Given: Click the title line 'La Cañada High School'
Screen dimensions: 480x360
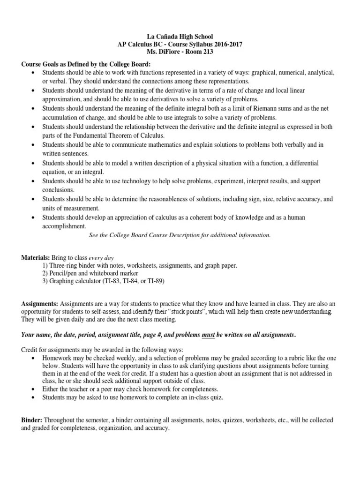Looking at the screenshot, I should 180,36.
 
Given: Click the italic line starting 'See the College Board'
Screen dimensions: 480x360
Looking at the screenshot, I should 180,235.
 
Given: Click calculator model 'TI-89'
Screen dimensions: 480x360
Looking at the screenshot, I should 155,281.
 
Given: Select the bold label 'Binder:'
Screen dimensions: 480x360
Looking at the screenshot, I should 32,420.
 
